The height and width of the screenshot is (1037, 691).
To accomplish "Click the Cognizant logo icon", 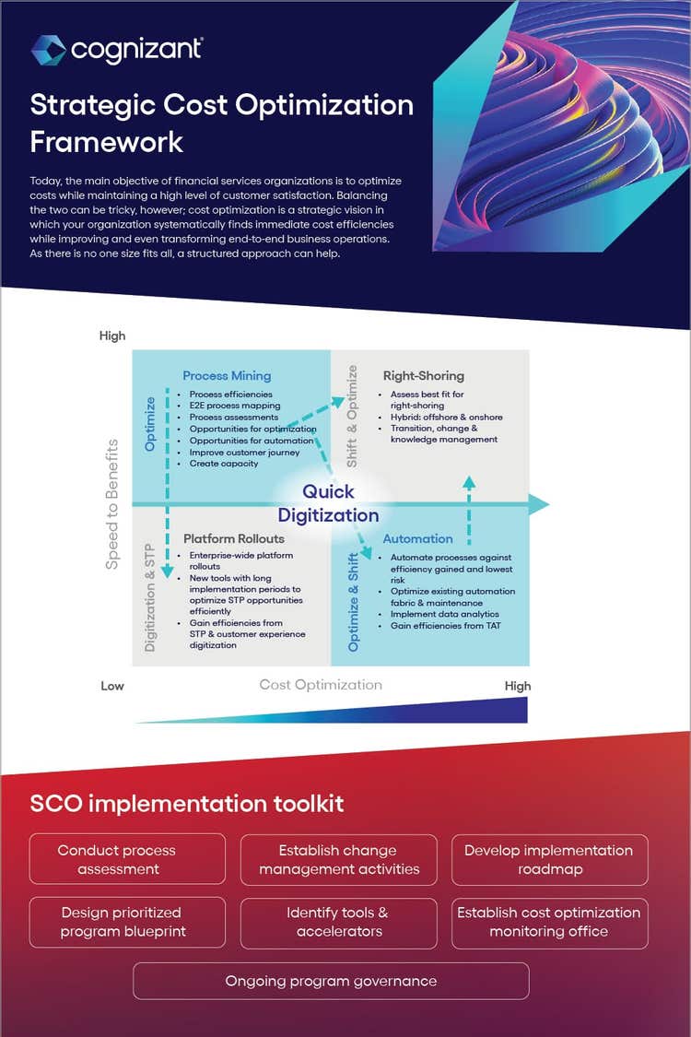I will click(x=48, y=50).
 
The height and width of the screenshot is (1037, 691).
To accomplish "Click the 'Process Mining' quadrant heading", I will click(x=227, y=375).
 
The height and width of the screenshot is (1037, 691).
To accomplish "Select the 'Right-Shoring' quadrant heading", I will click(x=424, y=375).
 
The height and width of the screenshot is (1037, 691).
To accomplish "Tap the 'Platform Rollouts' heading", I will click(x=234, y=538).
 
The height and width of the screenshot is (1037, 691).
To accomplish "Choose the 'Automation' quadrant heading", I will click(x=418, y=538).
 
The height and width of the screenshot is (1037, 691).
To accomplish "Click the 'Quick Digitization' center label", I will click(x=328, y=503).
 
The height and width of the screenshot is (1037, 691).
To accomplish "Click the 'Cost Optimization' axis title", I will click(x=321, y=684).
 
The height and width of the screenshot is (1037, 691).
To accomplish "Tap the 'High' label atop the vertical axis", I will click(x=112, y=336).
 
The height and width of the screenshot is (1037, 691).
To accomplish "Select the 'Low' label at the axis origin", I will click(x=112, y=686).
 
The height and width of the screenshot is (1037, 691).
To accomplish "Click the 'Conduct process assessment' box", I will click(x=127, y=859).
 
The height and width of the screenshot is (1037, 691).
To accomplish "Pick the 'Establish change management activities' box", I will click(x=339, y=859).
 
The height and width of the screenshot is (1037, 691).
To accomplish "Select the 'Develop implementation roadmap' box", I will click(x=549, y=859).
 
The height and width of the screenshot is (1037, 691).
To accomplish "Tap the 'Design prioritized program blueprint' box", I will click(x=127, y=922).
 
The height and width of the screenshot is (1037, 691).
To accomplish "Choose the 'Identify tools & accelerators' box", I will click(x=339, y=922).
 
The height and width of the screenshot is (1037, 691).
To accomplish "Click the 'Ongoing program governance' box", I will click(x=331, y=981).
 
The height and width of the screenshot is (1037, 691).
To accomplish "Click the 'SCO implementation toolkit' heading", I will click(x=187, y=803).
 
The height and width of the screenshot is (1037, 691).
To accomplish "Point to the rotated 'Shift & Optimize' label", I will click(x=351, y=416).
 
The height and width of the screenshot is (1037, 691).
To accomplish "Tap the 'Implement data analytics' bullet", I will click(x=444, y=614).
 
